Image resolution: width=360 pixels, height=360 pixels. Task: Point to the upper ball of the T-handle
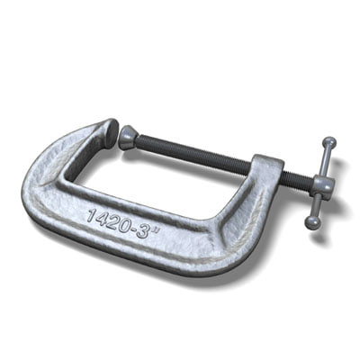[x=329, y=142]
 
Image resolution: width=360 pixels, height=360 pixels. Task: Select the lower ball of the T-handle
[x=312, y=221]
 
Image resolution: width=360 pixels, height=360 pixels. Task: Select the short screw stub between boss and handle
[x=297, y=180]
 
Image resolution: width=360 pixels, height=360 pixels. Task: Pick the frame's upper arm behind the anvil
[x=72, y=144]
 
